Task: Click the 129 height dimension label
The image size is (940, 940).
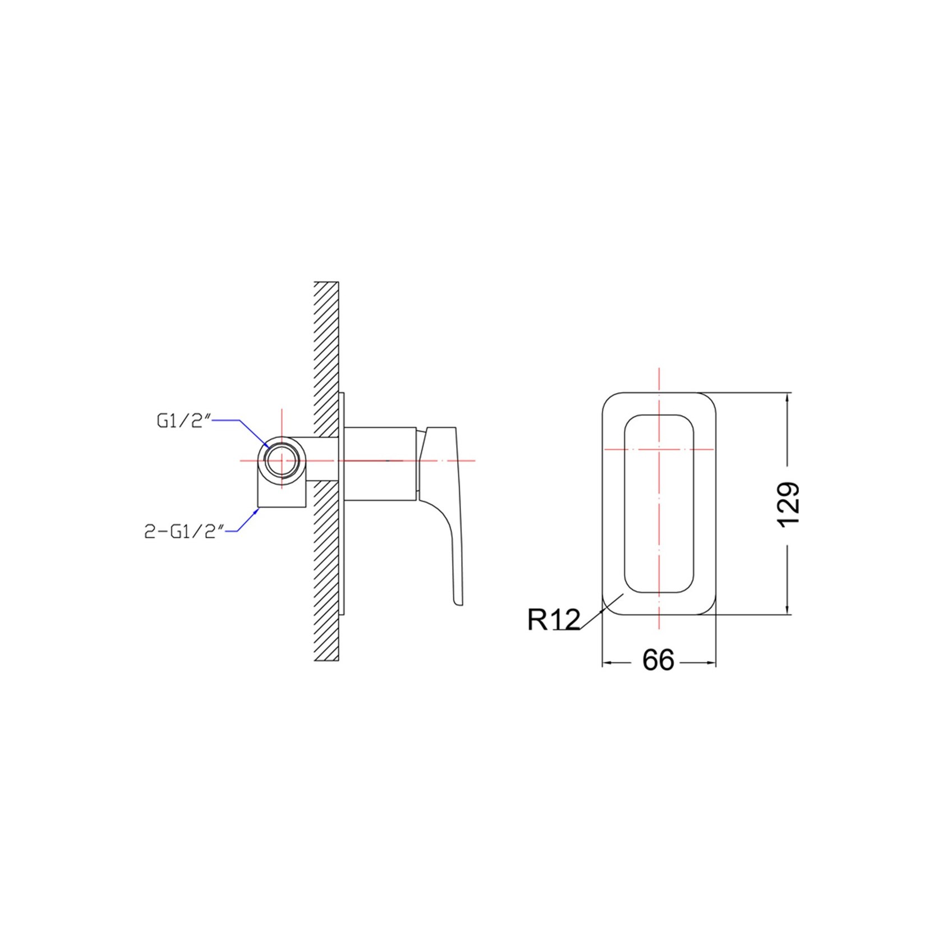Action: [x=788, y=504]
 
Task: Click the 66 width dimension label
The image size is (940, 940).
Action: [x=658, y=660]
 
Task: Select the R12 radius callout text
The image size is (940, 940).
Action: [x=554, y=620]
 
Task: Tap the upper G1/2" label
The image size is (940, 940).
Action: [x=183, y=420]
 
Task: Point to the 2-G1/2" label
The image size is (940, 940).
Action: [x=185, y=531]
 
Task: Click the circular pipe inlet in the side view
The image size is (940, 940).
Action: [x=282, y=460]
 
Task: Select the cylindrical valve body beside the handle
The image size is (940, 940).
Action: [x=380, y=463]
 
